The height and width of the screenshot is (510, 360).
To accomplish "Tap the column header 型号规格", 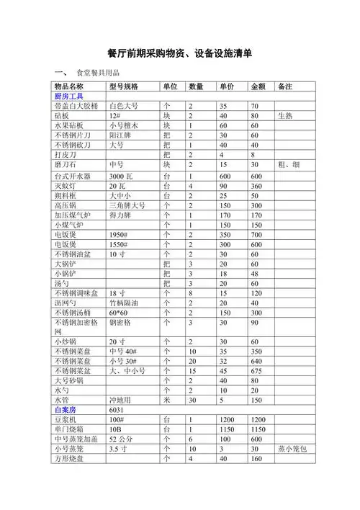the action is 124,86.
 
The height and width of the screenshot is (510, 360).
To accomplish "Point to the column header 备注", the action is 284,86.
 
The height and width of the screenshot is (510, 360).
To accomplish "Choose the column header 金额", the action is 258,86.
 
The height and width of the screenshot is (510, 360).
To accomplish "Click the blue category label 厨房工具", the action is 69,97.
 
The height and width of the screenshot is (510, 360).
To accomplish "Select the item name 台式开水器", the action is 73,176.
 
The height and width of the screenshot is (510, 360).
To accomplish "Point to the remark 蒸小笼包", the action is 293,449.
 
